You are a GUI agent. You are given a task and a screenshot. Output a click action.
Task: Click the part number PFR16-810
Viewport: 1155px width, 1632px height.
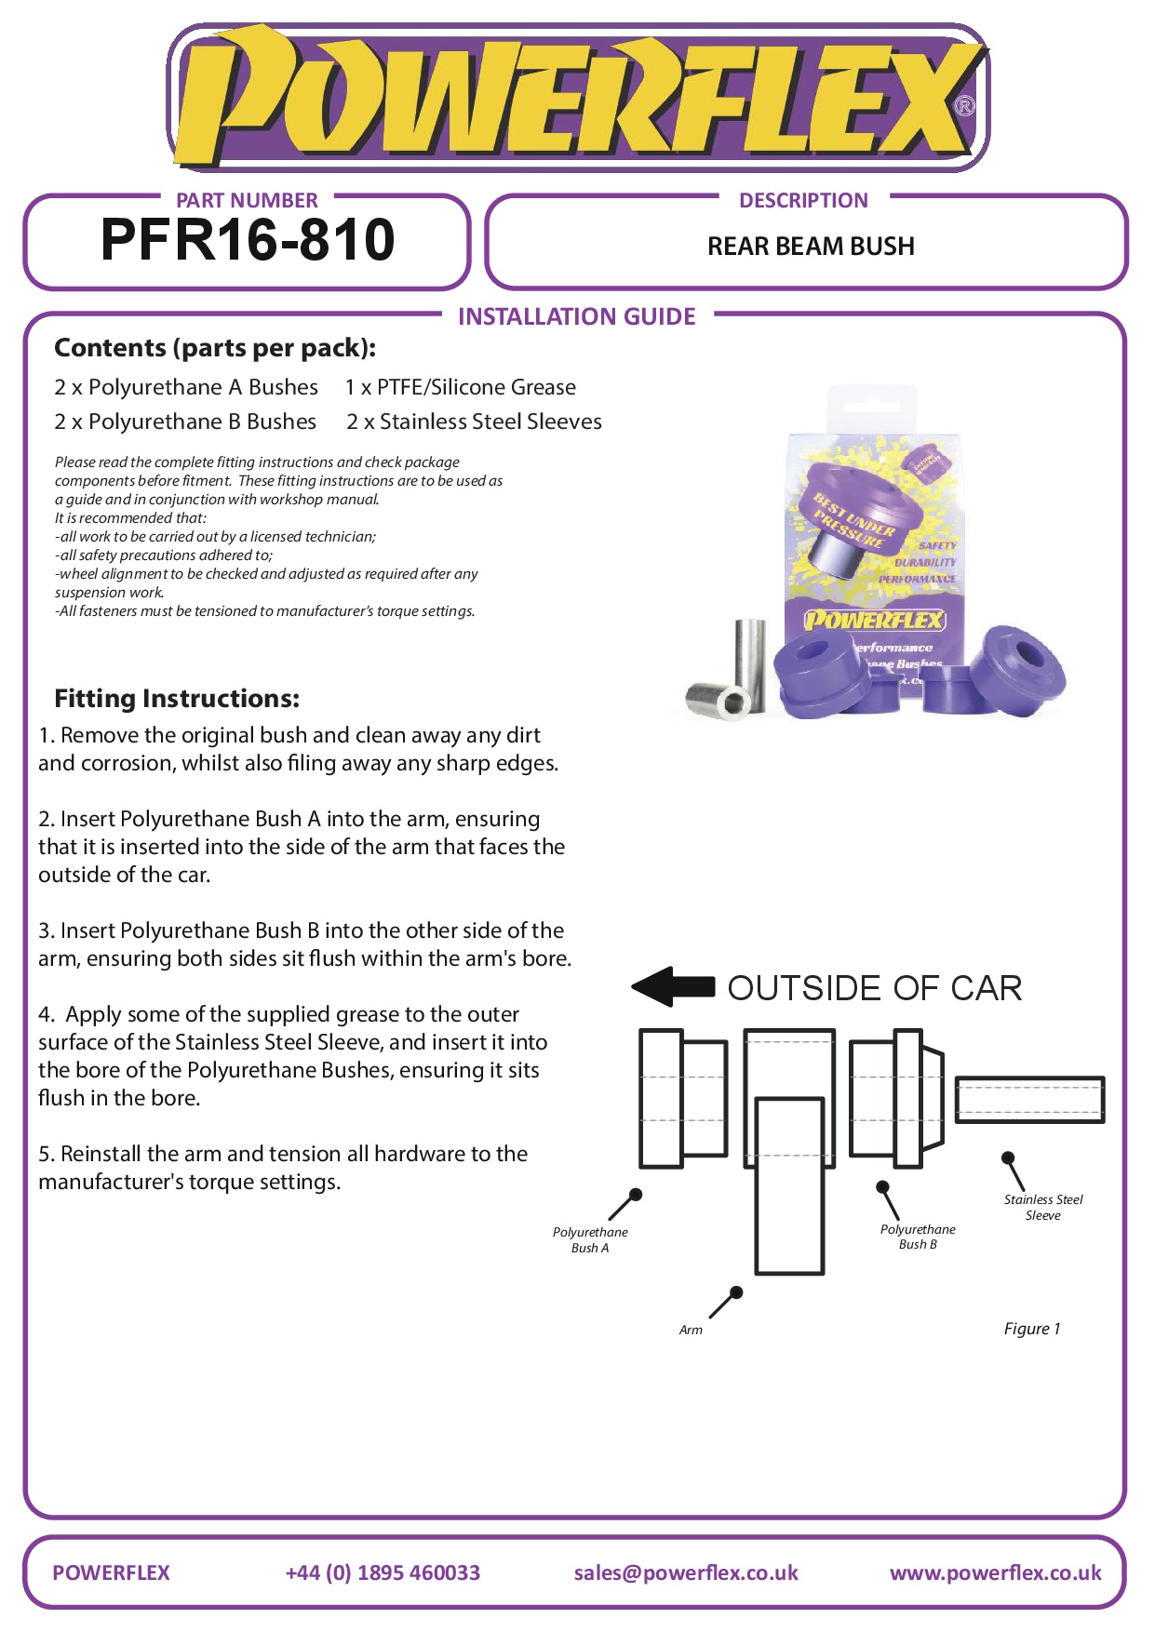point(248,240)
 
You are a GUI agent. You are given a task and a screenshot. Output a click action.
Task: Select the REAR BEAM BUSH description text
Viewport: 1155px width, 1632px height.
point(811,247)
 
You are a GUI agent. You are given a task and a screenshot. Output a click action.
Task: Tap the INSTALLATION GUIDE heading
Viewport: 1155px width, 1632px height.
point(576,317)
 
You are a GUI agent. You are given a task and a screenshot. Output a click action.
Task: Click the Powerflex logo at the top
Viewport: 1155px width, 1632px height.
point(577,98)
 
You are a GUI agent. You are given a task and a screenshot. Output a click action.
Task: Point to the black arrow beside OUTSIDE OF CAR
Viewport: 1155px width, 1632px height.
point(672,986)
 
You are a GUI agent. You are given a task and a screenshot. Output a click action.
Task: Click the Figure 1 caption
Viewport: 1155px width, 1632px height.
point(1031,1329)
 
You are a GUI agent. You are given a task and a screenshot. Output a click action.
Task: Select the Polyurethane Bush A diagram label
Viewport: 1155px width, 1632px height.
point(590,1240)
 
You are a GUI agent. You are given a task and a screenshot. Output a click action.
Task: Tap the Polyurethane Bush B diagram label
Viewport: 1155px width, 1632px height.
point(918,1237)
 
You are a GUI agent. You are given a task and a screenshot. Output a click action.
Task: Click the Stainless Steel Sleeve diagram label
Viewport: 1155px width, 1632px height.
point(1042,1207)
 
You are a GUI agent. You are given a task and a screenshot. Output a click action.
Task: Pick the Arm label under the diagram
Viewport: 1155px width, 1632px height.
point(691,1330)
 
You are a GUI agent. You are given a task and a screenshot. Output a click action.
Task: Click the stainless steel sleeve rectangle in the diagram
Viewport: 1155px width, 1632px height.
point(1029,1099)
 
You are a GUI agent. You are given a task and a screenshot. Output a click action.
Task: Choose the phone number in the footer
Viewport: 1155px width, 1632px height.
point(383,1572)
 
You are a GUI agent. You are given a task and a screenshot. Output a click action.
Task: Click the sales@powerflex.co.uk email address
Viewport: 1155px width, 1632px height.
point(686,1572)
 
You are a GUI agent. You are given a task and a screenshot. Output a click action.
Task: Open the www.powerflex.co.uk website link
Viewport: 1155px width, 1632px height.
point(995,1572)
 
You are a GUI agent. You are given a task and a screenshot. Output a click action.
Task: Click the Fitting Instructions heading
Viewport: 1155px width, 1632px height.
point(177,699)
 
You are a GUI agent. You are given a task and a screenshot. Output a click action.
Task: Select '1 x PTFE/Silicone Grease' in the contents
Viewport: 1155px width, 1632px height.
point(460,387)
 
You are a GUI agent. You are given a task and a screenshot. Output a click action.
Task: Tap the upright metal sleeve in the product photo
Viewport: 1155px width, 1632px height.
point(750,662)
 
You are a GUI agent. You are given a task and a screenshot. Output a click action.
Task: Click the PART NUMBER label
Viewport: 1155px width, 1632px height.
point(247,200)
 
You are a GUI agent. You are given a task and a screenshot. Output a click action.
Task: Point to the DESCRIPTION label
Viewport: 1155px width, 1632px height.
point(803,200)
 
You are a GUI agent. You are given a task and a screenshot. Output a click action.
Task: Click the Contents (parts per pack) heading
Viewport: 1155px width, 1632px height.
point(215,348)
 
